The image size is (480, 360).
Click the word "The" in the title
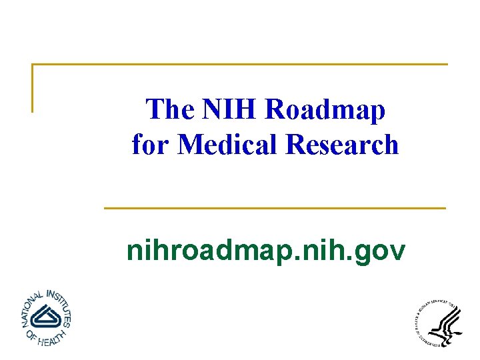tap(169, 109)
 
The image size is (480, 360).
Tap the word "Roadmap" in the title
tap(325, 109)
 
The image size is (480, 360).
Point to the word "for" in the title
tap(148, 144)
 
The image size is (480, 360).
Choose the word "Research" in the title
tap(342, 144)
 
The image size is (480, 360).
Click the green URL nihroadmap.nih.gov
tap(265, 251)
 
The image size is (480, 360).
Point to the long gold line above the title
tap(240, 65)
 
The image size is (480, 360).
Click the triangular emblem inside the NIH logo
tap(45, 316)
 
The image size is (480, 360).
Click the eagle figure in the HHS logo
tap(445, 326)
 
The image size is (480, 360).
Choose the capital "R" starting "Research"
tap(295, 144)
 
